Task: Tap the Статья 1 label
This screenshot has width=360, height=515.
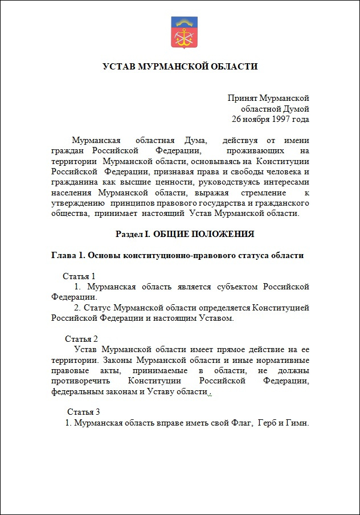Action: point(79,276)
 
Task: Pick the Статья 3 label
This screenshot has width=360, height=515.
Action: point(84,412)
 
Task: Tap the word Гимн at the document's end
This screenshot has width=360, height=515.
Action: point(296,423)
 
